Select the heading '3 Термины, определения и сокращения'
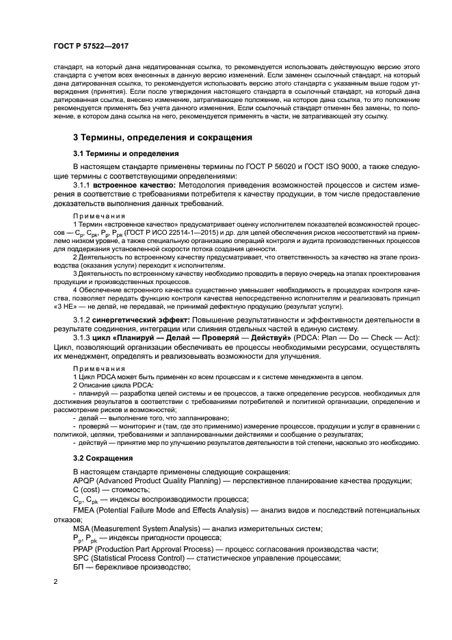tap(163, 138)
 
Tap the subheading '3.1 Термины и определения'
tap(127, 154)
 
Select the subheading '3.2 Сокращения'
tap(103, 457)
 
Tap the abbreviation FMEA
tap(85, 510)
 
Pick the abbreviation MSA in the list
tap(83, 529)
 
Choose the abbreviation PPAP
tap(85, 548)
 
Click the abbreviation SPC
tap(82, 558)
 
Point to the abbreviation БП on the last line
tap(79, 567)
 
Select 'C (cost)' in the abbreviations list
tap(87, 491)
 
